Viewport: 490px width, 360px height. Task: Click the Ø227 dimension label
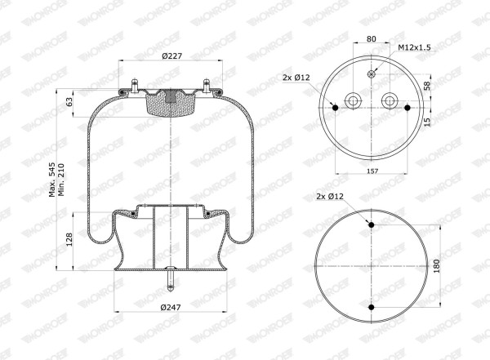pyautogui.click(x=171, y=56)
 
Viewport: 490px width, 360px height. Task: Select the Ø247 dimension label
pyautogui.click(x=171, y=307)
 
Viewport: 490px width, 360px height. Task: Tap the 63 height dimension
pyautogui.click(x=69, y=101)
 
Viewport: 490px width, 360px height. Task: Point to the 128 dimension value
pyautogui.click(x=69, y=239)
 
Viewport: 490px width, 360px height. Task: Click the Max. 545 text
pyautogui.click(x=52, y=180)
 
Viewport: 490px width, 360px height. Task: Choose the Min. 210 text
pyautogui.click(x=61, y=180)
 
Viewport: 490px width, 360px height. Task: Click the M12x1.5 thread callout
pyautogui.click(x=414, y=47)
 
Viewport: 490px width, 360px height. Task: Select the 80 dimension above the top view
pyautogui.click(x=371, y=39)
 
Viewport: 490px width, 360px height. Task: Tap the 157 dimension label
pyautogui.click(x=372, y=171)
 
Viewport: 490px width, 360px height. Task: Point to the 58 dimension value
pyautogui.click(x=427, y=86)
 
